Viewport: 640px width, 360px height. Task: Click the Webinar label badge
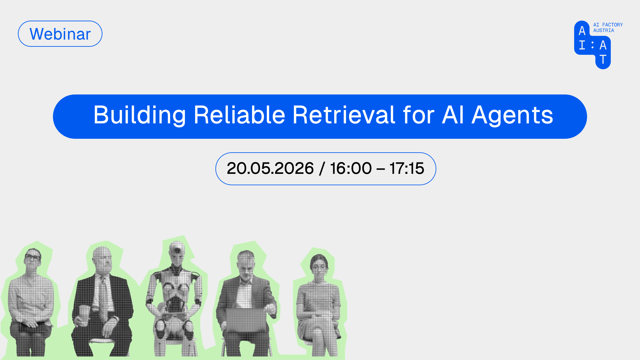[x=60, y=34]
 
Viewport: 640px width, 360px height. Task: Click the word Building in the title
[x=140, y=115]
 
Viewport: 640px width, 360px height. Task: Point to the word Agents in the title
[x=512, y=115]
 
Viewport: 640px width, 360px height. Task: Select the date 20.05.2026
[x=270, y=168]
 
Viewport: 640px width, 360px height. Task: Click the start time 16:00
[x=351, y=168]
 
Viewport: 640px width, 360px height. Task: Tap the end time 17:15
[x=407, y=168]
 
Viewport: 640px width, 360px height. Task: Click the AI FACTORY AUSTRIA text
[x=608, y=28]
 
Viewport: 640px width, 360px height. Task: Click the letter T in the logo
[x=603, y=59]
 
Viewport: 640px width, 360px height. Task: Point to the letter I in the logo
[x=582, y=45]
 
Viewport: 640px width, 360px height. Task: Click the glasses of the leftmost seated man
[x=33, y=257]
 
